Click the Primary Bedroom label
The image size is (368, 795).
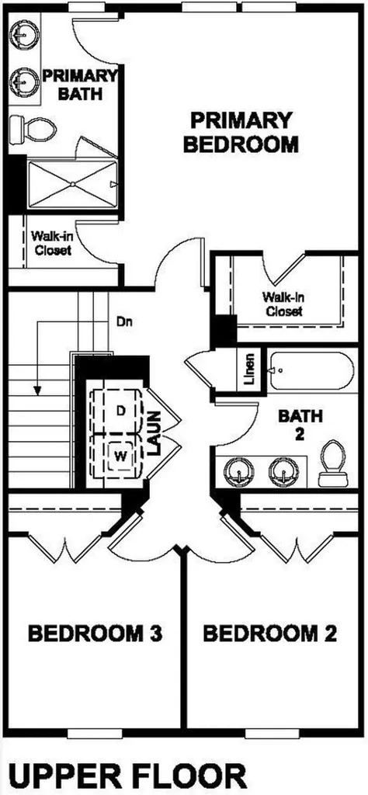[240, 133]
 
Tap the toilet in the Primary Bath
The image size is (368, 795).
[33, 129]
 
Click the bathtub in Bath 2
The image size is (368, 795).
[309, 372]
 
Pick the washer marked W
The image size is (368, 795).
[120, 456]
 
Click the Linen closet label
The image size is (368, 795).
[249, 370]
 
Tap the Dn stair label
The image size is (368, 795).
[124, 321]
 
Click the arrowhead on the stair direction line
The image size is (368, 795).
[36, 390]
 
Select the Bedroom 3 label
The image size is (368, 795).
[95, 633]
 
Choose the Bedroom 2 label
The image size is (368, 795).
[270, 633]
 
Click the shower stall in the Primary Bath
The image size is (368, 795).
[72, 184]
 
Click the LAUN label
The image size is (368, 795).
[154, 432]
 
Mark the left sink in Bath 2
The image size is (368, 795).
[237, 470]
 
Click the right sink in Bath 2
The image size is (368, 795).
[282, 470]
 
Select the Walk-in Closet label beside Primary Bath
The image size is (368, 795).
[50, 243]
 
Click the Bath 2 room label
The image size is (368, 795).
[300, 425]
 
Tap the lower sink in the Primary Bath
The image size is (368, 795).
[22, 79]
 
